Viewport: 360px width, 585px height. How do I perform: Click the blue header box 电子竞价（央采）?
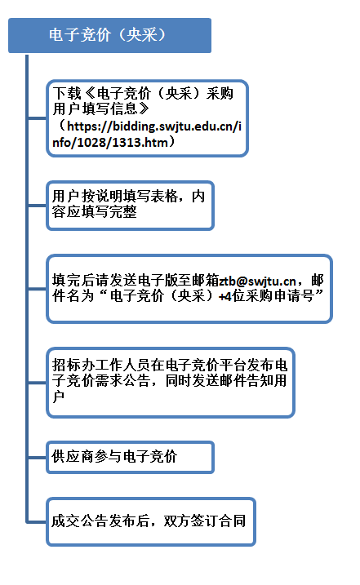109,35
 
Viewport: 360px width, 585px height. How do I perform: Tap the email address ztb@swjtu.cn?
257,281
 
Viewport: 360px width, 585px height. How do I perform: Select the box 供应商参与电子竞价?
130,458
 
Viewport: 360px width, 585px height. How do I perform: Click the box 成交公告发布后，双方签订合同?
151,521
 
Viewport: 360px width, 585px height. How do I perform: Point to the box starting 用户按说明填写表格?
130,206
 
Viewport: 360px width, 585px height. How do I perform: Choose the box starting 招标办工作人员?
171,383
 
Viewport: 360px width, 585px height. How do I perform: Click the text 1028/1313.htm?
122,142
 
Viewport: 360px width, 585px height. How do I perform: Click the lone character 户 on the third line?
58,397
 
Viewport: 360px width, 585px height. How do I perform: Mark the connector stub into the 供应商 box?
38,458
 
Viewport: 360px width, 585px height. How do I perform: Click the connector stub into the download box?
38,118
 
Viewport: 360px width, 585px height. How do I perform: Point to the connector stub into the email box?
38,289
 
